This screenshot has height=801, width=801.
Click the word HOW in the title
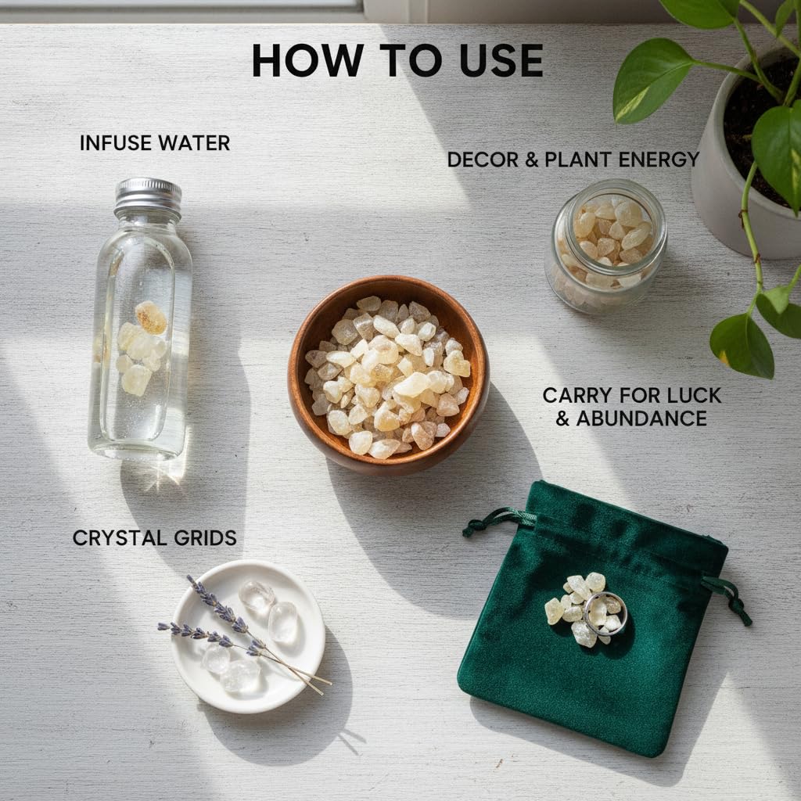(x=307, y=60)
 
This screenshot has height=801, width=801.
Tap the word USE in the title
(x=501, y=60)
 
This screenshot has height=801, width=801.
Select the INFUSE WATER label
(x=155, y=143)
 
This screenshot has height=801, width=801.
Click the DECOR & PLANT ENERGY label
(x=573, y=160)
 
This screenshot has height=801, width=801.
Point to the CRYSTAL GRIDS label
(x=155, y=538)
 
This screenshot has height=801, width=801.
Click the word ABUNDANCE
(x=641, y=419)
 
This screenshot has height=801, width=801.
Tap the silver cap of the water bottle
(x=148, y=196)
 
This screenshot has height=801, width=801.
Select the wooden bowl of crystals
(x=388, y=375)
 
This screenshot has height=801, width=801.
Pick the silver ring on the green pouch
(x=605, y=613)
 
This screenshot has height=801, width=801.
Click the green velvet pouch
(x=593, y=620)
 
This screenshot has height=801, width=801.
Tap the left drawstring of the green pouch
(x=498, y=521)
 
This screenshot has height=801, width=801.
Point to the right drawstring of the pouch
(x=728, y=597)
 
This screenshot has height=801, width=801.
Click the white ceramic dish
(x=249, y=636)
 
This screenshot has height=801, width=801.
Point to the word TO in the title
(x=411, y=60)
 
